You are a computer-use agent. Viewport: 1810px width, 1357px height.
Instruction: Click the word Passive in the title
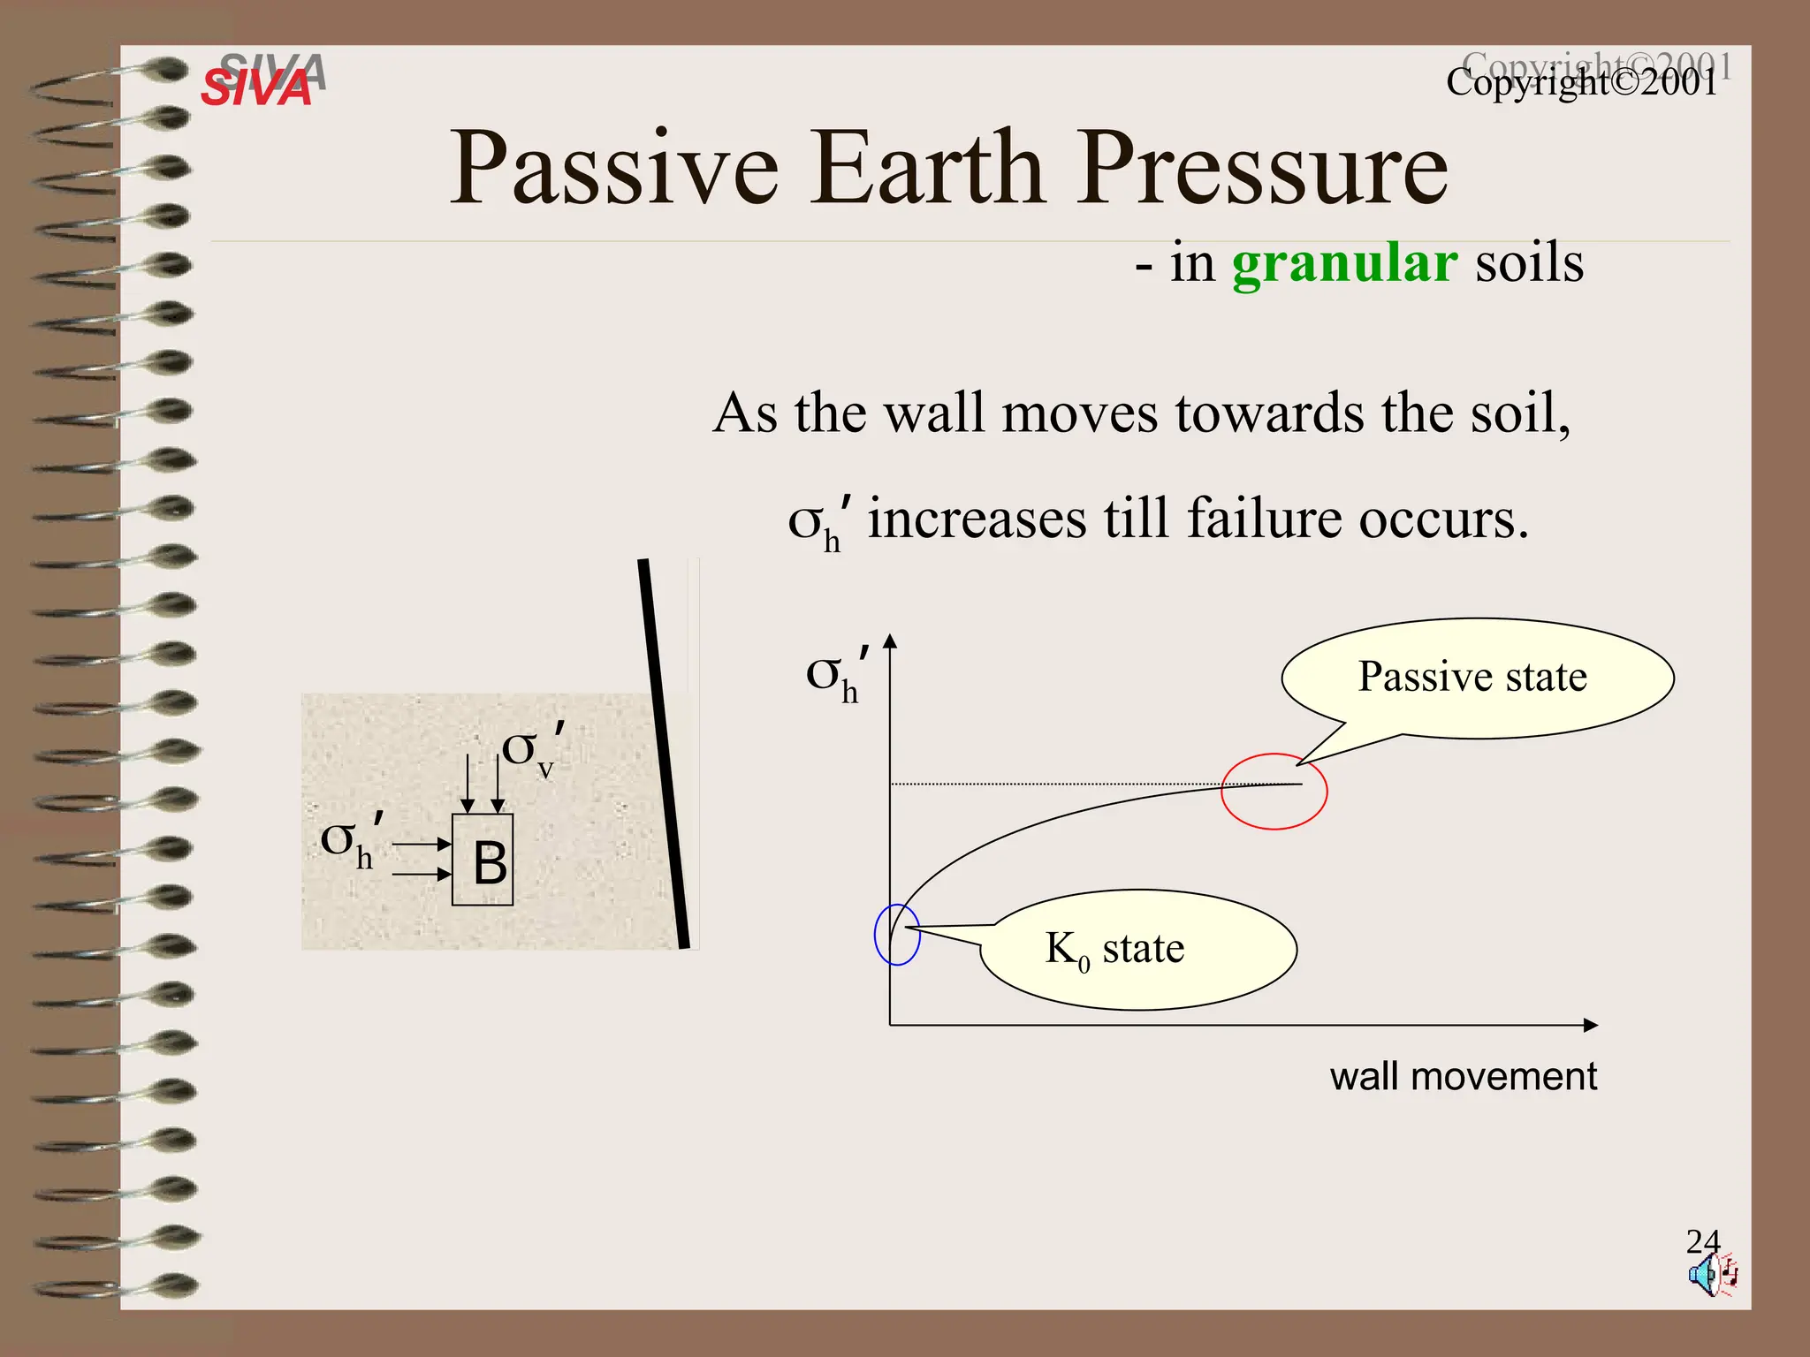pyautogui.click(x=614, y=167)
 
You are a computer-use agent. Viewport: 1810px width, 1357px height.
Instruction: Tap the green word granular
pyautogui.click(x=1344, y=263)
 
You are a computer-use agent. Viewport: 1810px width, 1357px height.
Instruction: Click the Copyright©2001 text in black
pyautogui.click(x=1581, y=83)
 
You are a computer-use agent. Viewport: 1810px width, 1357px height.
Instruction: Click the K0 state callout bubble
pyautogui.click(x=1138, y=950)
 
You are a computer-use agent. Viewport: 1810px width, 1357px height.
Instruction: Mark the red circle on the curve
pyautogui.click(x=1274, y=792)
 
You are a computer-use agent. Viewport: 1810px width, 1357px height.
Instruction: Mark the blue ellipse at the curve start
pyautogui.click(x=897, y=935)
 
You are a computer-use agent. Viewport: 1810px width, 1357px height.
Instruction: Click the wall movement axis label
pyautogui.click(x=1463, y=1077)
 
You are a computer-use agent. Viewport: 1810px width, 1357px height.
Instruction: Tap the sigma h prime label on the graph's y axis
pyautogui.click(x=835, y=677)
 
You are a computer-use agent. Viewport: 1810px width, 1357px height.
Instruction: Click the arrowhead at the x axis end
pyautogui.click(x=1590, y=1026)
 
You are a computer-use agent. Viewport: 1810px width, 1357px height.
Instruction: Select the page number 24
pyautogui.click(x=1702, y=1241)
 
